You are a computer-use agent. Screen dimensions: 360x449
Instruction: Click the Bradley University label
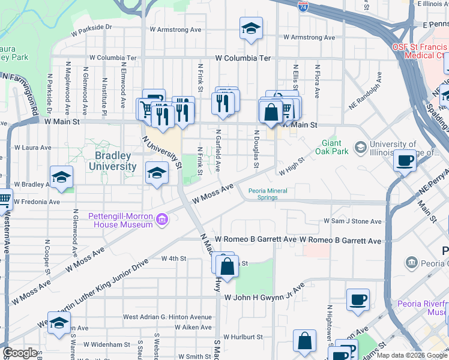tap(116, 160)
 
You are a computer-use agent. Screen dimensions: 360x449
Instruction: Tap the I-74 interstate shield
tap(304, 7)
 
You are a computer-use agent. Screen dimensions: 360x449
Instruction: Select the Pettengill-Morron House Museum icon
tap(161, 220)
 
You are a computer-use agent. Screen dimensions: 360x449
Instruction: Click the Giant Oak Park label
tap(336, 147)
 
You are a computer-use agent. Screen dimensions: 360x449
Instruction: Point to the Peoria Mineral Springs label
tap(268, 194)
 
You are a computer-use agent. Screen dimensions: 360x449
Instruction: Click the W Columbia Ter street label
tap(243, 58)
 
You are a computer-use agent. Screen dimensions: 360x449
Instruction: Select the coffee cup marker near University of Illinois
tap(406, 160)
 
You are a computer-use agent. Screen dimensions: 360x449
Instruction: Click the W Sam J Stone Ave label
tap(352, 221)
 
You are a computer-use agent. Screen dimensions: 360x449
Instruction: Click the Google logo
tap(20, 353)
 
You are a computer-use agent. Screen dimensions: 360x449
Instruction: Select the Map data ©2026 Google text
tap(411, 355)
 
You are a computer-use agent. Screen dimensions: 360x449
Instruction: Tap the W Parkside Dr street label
tap(91, 27)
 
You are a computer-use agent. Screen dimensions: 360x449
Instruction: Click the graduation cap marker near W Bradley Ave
tap(61, 176)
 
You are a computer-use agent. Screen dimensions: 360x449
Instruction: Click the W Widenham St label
tap(107, 344)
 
